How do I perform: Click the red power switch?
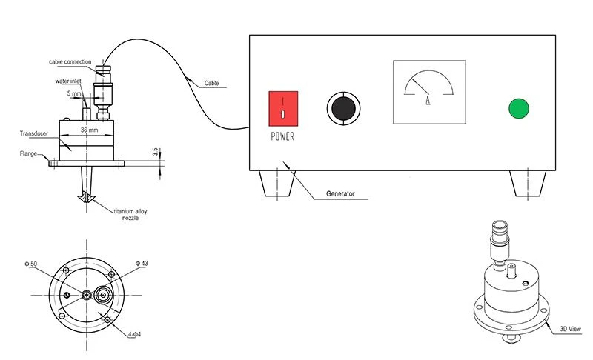(x=283, y=108)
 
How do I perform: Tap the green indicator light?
(x=519, y=108)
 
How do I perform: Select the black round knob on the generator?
(x=343, y=108)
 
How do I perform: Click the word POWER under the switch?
(x=282, y=136)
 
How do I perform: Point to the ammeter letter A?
(x=428, y=101)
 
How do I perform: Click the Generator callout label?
(x=340, y=193)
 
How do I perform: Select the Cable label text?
(x=211, y=83)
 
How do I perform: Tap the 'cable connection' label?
(x=70, y=62)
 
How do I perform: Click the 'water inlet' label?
(x=68, y=81)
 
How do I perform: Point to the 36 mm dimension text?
(x=89, y=130)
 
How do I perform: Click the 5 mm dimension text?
(x=74, y=93)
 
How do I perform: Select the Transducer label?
(x=33, y=133)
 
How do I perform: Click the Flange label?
(x=28, y=153)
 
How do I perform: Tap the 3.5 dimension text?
(x=155, y=152)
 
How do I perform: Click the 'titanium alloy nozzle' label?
(x=130, y=215)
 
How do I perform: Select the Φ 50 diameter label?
(x=31, y=264)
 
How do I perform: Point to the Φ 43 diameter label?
(x=142, y=263)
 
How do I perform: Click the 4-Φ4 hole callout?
(x=135, y=334)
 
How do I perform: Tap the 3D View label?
(x=570, y=329)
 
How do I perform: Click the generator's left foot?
(x=277, y=183)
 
